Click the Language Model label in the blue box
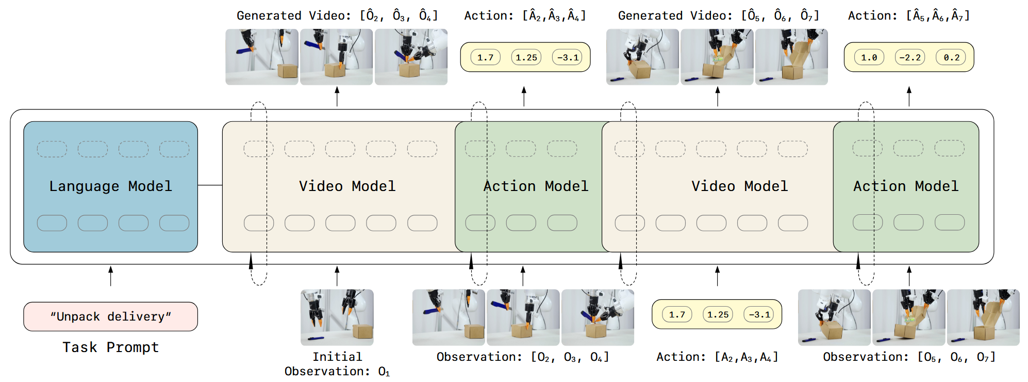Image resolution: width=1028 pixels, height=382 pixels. pos(110,186)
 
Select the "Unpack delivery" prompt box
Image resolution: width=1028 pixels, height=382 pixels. pos(110,316)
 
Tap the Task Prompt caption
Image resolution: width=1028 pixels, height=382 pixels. pos(110,347)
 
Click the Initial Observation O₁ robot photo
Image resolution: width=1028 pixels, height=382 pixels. pos(337,317)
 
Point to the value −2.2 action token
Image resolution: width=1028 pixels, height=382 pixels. pos(910,57)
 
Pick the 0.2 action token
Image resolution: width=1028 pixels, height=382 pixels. pos(951,57)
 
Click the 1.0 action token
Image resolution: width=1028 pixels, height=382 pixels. pos(869,57)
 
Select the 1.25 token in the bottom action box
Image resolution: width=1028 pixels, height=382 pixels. pos(718,314)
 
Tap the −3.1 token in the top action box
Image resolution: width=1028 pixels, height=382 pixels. pos(567,57)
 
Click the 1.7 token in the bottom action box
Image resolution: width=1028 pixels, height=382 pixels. pos(677,314)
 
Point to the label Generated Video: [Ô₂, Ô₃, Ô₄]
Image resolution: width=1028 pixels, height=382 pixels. pos(337,15)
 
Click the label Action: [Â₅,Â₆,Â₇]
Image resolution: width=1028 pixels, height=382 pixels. pos(909,15)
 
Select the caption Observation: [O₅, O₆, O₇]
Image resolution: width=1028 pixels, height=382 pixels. pos(909,357)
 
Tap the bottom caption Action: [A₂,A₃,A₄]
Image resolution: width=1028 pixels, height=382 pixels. pos(717,357)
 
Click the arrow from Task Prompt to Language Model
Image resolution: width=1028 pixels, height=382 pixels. pos(110,276)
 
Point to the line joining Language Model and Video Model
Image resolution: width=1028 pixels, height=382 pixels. pos(210,185)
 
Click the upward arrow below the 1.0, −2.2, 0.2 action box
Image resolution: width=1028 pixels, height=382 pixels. pos(909,97)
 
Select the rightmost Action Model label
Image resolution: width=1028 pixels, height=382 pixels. pos(906,186)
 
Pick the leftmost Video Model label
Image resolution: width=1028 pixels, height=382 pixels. pos(347,186)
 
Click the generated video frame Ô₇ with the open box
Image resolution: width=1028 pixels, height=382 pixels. pos(791,57)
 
